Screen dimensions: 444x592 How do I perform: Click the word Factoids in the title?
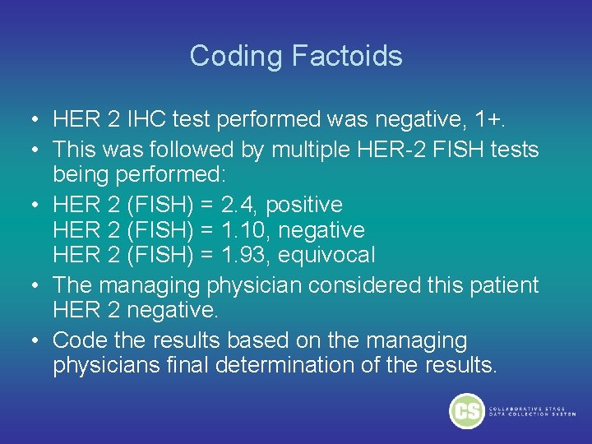point(346,56)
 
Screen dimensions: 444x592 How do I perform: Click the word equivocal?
point(326,255)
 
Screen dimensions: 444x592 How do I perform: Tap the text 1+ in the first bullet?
point(490,120)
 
